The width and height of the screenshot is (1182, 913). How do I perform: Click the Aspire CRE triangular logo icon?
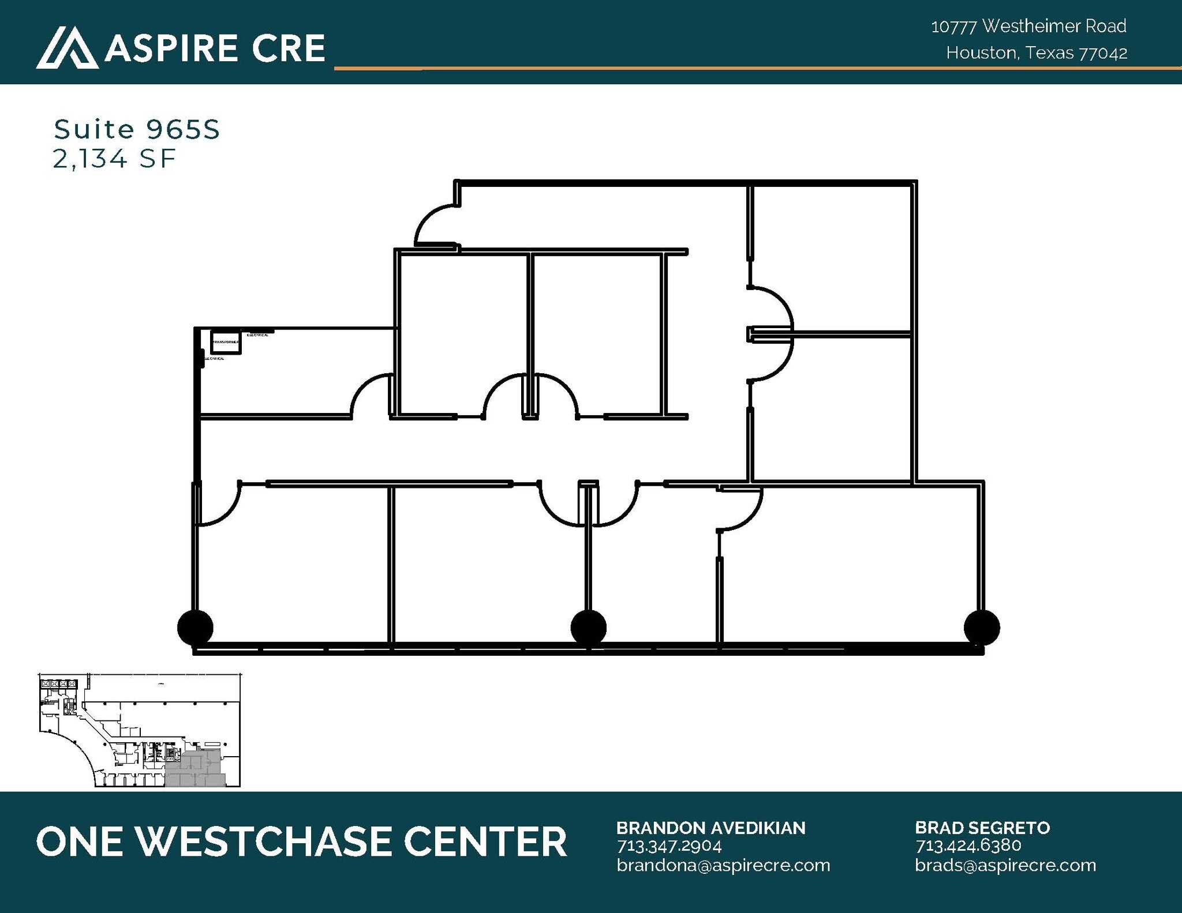(67, 48)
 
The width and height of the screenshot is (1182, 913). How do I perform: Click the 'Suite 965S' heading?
(137, 130)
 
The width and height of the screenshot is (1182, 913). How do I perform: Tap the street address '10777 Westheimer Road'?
(1028, 26)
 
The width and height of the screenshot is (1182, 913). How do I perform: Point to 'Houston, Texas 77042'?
(1037, 53)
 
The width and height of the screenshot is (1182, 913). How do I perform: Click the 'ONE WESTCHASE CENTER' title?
(301, 841)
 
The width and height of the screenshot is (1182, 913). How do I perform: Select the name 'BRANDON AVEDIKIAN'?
(710, 828)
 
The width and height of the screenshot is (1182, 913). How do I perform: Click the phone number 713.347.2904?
(669, 846)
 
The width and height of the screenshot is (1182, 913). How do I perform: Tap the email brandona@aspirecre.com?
(723, 865)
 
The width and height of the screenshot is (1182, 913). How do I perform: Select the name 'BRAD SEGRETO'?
(982, 828)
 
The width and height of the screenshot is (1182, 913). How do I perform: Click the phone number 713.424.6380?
(968, 846)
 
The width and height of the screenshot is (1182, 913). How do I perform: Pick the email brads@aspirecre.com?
(1005, 865)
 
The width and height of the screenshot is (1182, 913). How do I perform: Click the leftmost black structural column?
(195, 628)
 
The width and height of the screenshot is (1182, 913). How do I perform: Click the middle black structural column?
(588, 628)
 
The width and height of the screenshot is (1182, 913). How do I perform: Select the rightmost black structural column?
(982, 628)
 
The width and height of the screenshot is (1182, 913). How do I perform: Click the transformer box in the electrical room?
(226, 342)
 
